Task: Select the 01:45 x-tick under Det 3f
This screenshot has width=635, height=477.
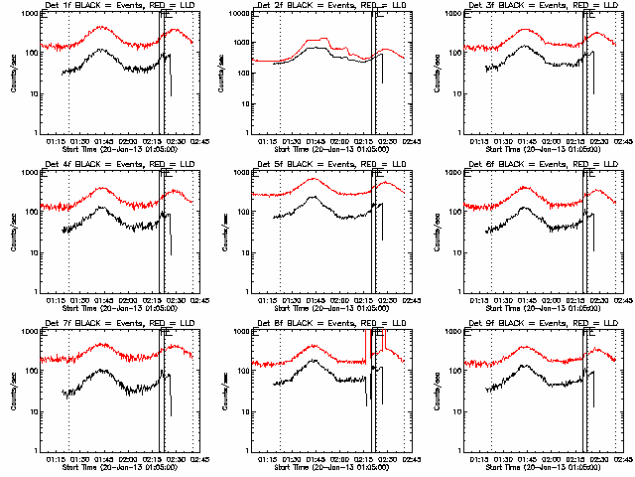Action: click(526, 142)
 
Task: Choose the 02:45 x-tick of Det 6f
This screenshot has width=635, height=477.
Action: click(616, 301)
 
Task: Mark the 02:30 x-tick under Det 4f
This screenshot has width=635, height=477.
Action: click(177, 301)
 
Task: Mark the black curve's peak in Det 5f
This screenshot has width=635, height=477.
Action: click(313, 197)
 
